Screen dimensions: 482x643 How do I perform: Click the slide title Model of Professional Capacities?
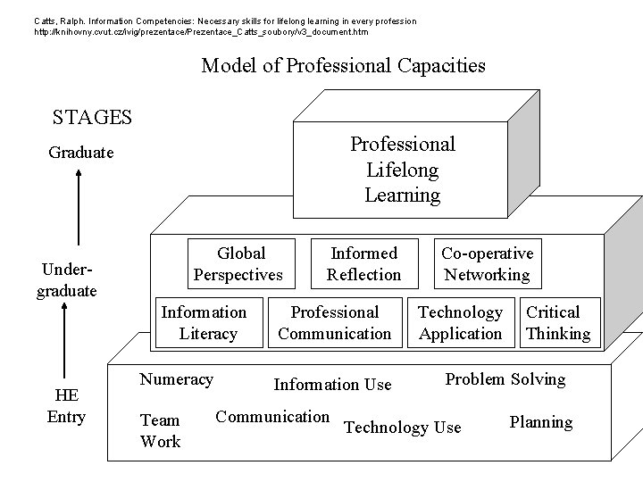(x=344, y=65)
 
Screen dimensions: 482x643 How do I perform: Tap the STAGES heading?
(x=92, y=117)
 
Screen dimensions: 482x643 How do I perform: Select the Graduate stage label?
(x=81, y=153)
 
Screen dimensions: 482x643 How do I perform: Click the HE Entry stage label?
(x=67, y=406)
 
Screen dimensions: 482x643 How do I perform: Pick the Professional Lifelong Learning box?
(x=402, y=169)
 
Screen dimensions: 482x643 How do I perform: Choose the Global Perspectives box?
(x=238, y=264)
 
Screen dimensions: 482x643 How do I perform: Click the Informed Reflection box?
(x=363, y=264)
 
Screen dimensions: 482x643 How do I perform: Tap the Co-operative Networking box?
(x=487, y=264)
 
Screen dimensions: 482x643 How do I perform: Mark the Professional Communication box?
(x=335, y=322)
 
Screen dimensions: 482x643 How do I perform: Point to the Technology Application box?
(x=460, y=322)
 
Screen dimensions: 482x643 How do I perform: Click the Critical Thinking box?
(x=557, y=322)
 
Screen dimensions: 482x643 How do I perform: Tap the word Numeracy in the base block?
(x=176, y=379)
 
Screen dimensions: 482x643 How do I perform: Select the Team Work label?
(x=160, y=430)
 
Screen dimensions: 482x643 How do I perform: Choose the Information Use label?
(x=332, y=385)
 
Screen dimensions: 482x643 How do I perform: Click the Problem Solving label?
(x=505, y=379)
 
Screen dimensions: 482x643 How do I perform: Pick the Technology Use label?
(x=402, y=428)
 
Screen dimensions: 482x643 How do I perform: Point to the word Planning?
(x=541, y=422)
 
